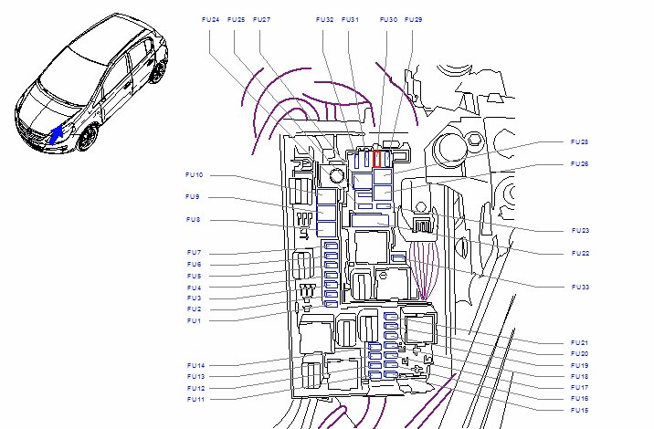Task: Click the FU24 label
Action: pos(210,19)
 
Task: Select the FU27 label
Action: pos(261,19)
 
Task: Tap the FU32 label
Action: pos(324,19)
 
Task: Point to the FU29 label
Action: pos(414,19)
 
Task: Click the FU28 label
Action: pos(579,142)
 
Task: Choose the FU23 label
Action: pos(580,231)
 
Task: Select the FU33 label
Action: pos(580,288)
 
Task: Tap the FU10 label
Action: pos(195,175)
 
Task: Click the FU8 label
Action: pos(193,220)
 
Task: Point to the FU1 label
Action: pos(194,321)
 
